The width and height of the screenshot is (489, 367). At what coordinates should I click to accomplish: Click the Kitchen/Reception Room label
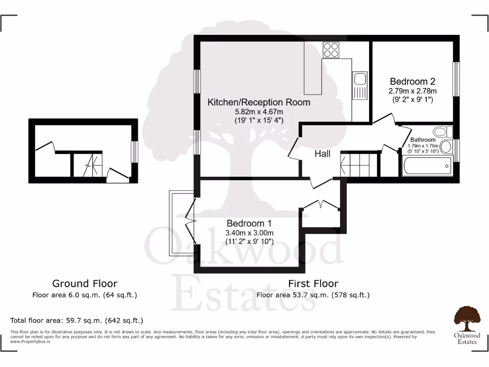click(258, 102)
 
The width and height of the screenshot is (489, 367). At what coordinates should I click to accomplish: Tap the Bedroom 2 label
click(413, 81)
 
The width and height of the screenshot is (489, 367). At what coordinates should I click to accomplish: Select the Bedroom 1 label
click(249, 223)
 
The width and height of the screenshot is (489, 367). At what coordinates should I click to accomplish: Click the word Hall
click(322, 154)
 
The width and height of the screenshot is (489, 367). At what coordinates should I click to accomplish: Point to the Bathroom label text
click(423, 140)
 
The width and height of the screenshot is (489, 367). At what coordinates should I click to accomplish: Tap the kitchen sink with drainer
click(360, 86)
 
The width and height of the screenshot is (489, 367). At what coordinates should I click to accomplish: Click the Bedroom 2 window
click(456, 79)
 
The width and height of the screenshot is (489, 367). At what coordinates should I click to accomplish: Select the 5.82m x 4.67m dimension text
click(258, 112)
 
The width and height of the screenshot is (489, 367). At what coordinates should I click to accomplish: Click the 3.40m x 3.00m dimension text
click(249, 233)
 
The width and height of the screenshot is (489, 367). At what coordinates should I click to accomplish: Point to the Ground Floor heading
click(85, 283)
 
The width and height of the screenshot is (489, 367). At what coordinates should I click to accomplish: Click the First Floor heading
click(313, 283)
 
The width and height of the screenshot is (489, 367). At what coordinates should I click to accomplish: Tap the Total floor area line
click(76, 320)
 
